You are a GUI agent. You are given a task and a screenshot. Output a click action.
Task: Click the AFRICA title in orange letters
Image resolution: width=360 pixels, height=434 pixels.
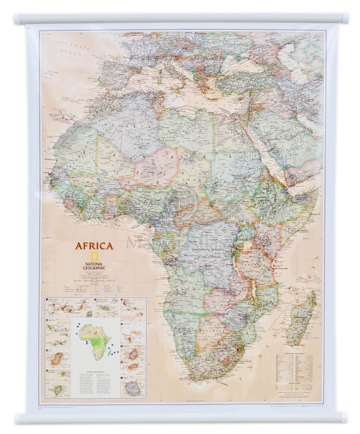[94, 246]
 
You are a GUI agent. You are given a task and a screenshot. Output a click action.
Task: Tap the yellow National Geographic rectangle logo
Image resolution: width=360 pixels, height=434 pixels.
[94, 257]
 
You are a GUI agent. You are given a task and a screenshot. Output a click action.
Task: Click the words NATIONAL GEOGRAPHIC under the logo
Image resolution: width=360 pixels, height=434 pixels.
[94, 267]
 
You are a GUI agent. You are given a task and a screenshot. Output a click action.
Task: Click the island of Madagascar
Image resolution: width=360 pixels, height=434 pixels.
[302, 318]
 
